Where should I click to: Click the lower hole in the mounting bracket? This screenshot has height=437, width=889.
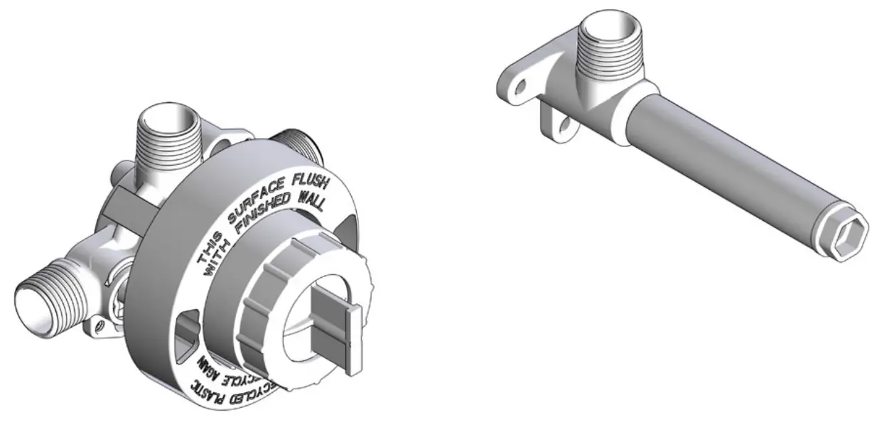tap(565, 126)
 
